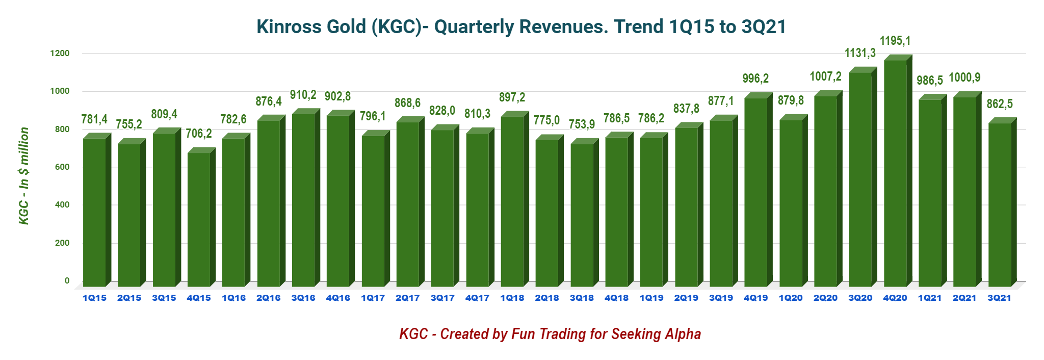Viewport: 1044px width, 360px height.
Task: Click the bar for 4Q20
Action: point(895,173)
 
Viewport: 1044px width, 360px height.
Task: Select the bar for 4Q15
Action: point(199,219)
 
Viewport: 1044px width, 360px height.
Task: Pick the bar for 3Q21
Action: point(1000,204)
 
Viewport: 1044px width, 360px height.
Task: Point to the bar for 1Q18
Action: point(512,201)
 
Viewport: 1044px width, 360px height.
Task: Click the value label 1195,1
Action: point(895,41)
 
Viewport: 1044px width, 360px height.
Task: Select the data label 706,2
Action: point(199,134)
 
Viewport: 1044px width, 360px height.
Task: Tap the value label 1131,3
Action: point(860,53)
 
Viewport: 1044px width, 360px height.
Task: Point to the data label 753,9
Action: point(582,124)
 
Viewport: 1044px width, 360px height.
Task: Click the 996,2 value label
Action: point(755,79)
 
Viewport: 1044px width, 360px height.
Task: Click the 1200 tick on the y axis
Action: point(60,54)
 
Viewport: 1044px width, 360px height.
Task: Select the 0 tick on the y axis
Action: point(67,281)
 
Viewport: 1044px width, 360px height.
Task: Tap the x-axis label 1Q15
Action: point(94,298)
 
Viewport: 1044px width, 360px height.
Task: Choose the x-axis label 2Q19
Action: point(686,298)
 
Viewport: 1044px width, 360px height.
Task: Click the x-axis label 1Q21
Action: point(930,298)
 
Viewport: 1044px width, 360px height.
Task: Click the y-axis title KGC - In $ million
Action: point(24,176)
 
